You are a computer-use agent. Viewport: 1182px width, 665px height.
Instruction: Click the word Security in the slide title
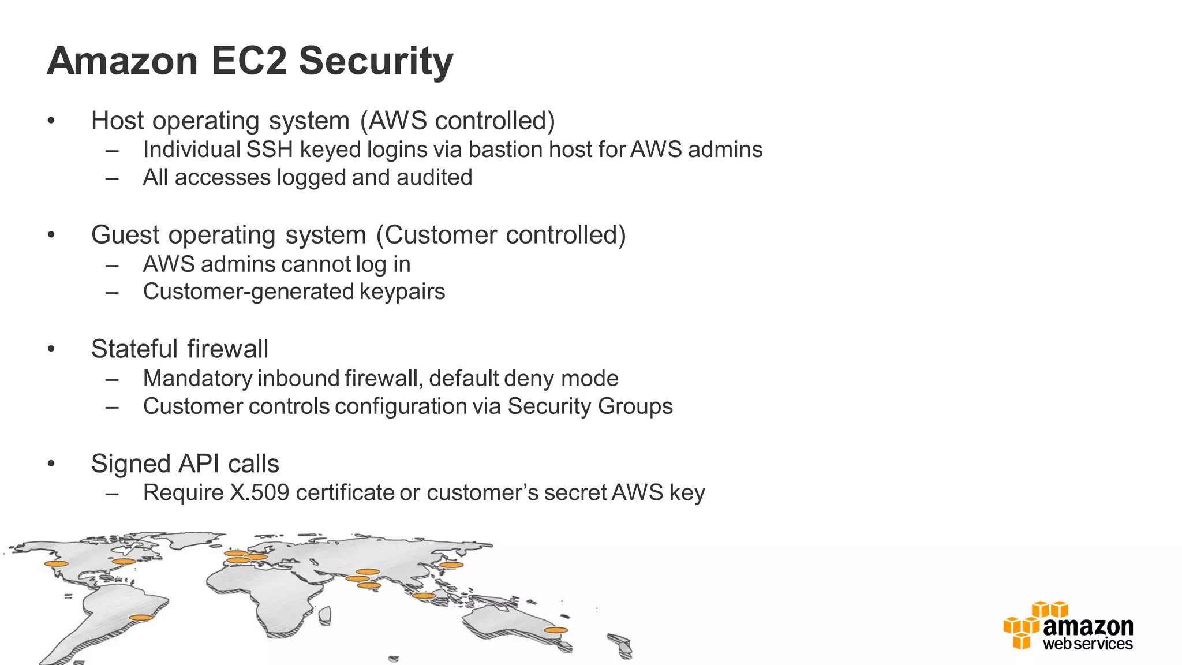click(376, 61)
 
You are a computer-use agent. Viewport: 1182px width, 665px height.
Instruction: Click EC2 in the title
click(249, 61)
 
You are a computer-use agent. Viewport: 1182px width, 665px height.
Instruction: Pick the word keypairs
click(402, 292)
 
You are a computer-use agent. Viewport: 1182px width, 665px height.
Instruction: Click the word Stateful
click(134, 349)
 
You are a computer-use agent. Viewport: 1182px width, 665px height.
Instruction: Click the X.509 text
click(259, 493)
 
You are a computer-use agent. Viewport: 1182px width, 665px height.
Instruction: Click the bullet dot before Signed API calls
click(51, 464)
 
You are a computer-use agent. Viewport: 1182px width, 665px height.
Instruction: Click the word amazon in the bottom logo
click(1088, 626)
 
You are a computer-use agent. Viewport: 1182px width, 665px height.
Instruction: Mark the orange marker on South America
click(141, 618)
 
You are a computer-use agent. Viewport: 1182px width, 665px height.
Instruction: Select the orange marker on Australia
click(555, 630)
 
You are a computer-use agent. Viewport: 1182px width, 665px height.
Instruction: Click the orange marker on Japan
click(451, 565)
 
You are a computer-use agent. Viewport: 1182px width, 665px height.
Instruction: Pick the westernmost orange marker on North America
click(57, 563)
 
